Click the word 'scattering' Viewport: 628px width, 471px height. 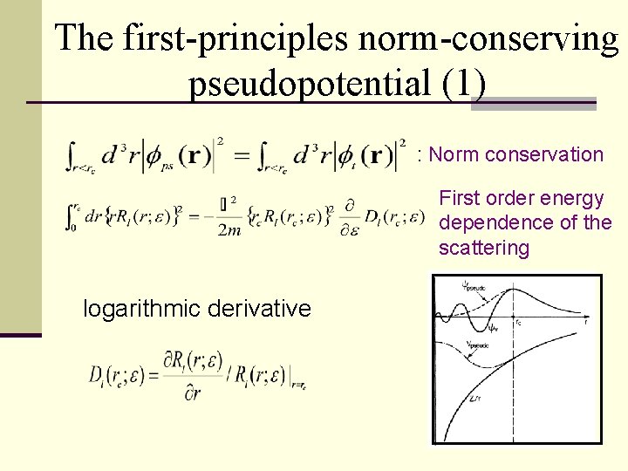pos(484,249)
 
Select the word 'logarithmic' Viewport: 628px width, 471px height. pos(140,308)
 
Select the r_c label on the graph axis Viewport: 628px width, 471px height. pos(519,320)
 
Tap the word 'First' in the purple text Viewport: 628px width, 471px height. pos(459,198)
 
